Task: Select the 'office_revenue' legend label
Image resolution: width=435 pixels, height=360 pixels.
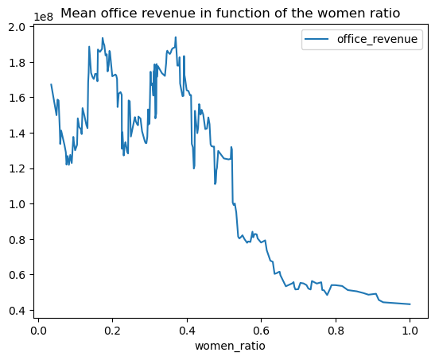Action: (x=377, y=40)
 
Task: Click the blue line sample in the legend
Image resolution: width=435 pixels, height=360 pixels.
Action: (x=317, y=39)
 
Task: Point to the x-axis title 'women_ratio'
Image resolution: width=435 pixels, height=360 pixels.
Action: (x=230, y=346)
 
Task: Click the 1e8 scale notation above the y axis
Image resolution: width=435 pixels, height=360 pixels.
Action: (x=43, y=17)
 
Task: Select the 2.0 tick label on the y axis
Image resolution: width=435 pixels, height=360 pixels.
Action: (x=17, y=27)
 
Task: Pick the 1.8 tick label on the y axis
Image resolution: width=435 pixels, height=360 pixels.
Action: (x=17, y=63)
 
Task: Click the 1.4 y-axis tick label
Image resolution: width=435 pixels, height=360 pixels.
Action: (x=17, y=134)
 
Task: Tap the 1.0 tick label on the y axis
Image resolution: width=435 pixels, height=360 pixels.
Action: (x=17, y=204)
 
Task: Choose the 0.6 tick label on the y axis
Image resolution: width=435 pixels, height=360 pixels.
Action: (x=17, y=275)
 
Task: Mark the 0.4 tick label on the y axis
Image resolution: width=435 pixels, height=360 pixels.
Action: (x=17, y=311)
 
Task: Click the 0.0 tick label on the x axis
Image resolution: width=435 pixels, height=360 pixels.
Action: (x=38, y=331)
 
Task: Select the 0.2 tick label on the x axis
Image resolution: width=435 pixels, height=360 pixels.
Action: (x=112, y=331)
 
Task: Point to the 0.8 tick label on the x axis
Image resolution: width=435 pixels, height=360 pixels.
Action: (x=336, y=331)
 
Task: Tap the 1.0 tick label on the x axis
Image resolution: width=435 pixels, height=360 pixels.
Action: (x=410, y=331)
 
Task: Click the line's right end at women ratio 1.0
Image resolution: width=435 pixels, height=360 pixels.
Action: (x=410, y=304)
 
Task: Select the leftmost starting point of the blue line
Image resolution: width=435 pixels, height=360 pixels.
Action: (x=51, y=84)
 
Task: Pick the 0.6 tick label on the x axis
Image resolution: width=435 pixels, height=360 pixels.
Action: (x=261, y=331)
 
